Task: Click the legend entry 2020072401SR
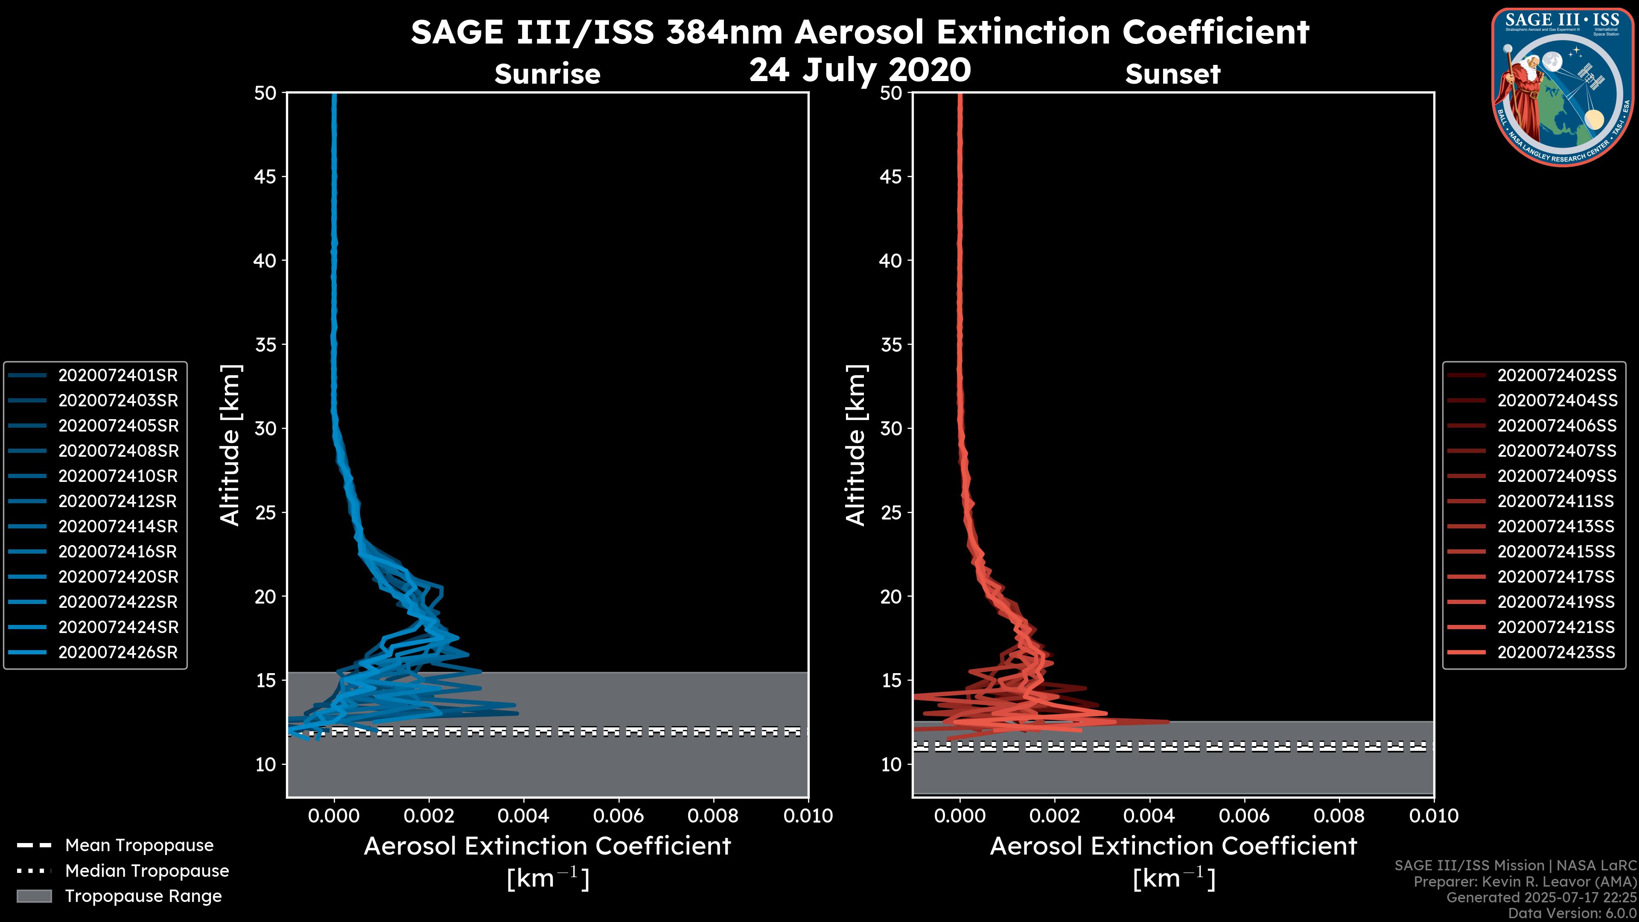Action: click(118, 376)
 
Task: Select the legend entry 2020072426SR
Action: click(118, 653)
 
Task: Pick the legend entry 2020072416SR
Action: click(118, 551)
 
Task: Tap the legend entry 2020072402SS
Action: click(1556, 376)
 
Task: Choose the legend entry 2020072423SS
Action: click(1556, 653)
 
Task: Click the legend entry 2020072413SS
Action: click(1556, 527)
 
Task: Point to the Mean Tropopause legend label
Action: click(139, 846)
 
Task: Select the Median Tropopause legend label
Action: click(147, 871)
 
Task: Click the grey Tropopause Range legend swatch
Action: click(34, 896)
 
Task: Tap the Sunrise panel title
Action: click(547, 74)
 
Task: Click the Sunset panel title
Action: click(1172, 74)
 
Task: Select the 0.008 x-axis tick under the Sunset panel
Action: click(1339, 816)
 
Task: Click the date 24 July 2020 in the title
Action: click(860, 70)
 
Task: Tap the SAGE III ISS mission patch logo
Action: click(1563, 87)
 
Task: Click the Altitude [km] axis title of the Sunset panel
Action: click(856, 445)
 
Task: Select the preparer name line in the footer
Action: click(1525, 882)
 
